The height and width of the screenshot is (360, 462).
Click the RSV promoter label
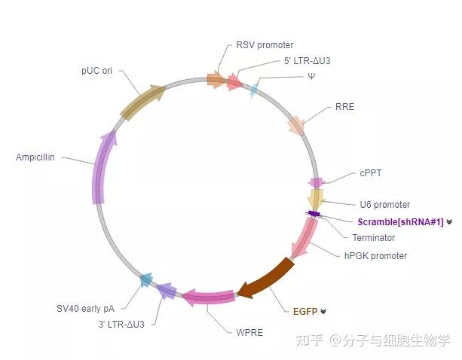coord(265,45)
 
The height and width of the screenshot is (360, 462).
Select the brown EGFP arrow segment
coord(265,277)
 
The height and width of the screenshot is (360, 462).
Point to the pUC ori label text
coord(96,71)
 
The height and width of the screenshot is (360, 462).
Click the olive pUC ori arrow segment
coord(142,102)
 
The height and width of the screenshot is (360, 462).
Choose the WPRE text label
coord(249,332)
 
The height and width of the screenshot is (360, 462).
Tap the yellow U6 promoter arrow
coord(316,200)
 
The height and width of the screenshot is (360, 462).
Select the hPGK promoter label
coord(375,255)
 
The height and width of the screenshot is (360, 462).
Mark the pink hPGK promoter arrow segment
coord(304,240)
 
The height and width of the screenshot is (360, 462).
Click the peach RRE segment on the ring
coord(296,125)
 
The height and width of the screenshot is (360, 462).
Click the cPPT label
coord(370,172)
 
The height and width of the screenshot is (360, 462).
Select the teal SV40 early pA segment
coord(147,281)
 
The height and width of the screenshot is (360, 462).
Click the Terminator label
coord(373,238)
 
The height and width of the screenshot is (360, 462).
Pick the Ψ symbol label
coord(311,76)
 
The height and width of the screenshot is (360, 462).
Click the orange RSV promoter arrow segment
coord(216,79)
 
